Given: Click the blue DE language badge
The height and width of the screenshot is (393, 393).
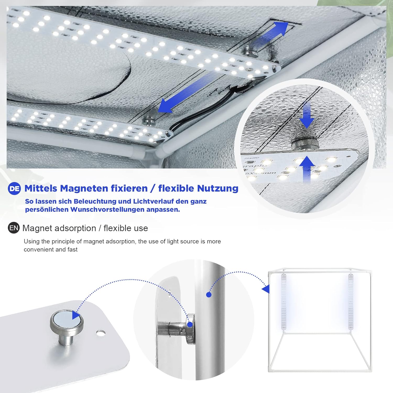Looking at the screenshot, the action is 14,188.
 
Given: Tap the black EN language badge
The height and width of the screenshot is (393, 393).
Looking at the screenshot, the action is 14,228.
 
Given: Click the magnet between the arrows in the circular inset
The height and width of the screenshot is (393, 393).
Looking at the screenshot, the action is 305,144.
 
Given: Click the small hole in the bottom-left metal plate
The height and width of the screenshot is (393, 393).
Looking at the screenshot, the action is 101,333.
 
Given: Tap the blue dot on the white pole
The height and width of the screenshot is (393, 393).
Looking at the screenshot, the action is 209,295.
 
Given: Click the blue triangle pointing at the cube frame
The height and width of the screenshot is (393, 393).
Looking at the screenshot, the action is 266,289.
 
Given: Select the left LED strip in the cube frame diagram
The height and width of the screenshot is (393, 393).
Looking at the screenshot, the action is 284,302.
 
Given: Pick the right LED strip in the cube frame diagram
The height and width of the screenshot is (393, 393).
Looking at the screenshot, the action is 351,302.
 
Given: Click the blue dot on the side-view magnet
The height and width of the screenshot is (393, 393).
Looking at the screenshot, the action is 190,325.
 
